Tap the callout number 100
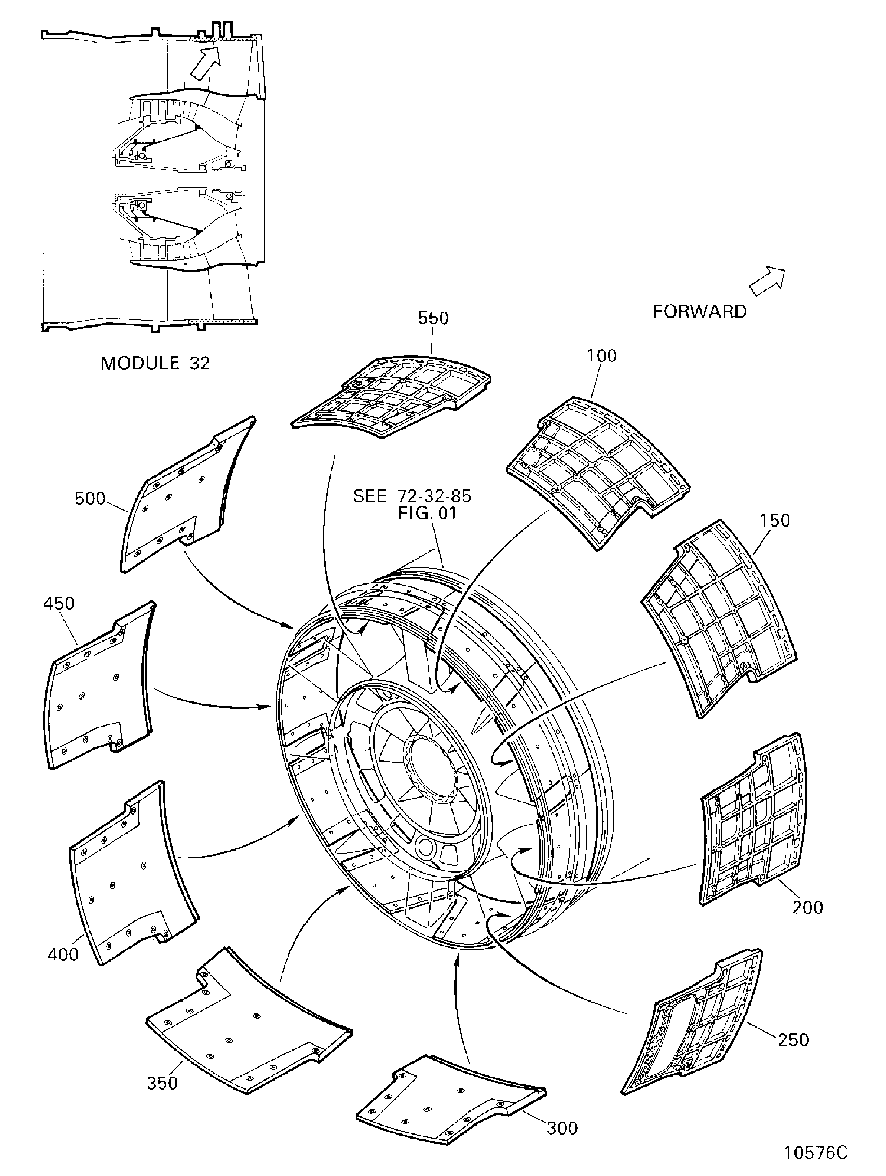pyautogui.click(x=602, y=356)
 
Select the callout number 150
pyautogui.click(x=775, y=520)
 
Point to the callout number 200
pyautogui.click(x=807, y=907)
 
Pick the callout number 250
pyautogui.click(x=793, y=1039)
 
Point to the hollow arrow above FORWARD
pyautogui.click(x=767, y=280)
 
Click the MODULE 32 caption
pyautogui.click(x=155, y=364)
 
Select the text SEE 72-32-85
pyautogui.click(x=412, y=496)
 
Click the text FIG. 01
pyautogui.click(x=427, y=514)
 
